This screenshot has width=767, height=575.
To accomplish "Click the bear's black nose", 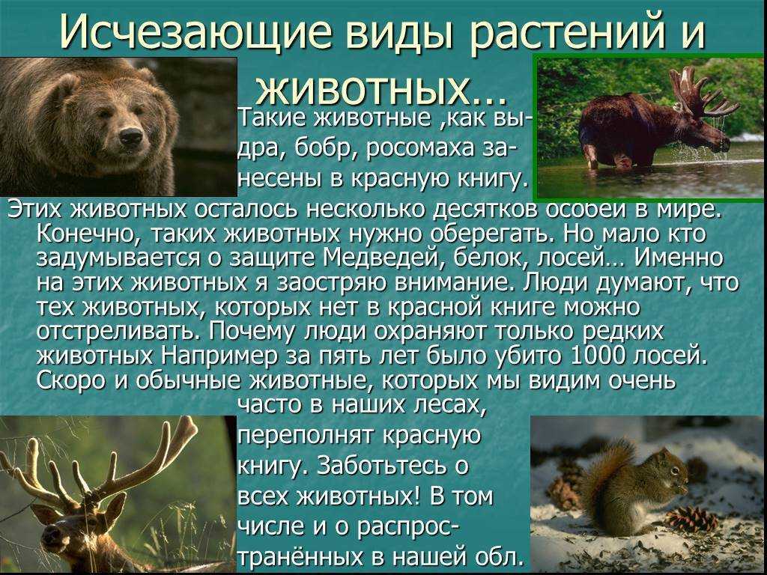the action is (x=131, y=136).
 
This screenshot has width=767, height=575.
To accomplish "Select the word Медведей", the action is (x=383, y=258).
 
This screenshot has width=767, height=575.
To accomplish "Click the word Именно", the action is (x=679, y=258).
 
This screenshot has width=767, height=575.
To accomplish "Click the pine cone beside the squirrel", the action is (x=691, y=520).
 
